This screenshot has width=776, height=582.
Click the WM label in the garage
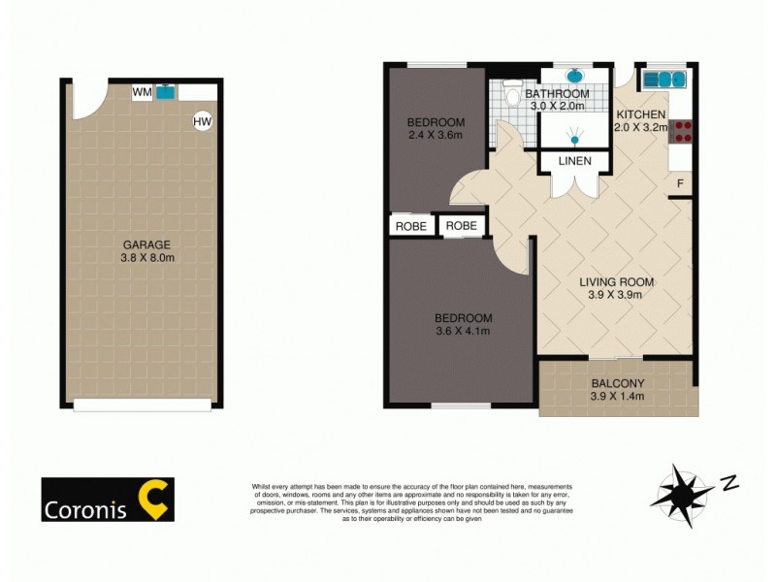tap(142, 92)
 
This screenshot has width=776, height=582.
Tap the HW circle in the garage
tap(202, 121)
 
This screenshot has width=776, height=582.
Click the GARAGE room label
tap(146, 244)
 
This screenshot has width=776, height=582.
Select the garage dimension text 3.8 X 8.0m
tap(146, 258)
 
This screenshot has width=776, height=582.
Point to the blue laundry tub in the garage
tap(166, 92)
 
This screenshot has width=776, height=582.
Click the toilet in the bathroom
tap(510, 95)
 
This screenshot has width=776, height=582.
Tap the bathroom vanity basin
tap(573, 76)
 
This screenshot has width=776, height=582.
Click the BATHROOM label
tap(558, 94)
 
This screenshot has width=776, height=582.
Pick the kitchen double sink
tap(665, 77)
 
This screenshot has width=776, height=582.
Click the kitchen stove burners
tap(681, 130)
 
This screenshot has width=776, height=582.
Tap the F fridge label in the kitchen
tap(681, 183)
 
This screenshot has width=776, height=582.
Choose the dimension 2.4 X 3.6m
tap(436, 136)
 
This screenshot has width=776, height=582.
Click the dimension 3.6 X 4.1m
tap(463, 332)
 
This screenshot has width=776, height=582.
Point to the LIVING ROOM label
tap(617, 282)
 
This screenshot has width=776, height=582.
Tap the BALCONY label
tap(618, 383)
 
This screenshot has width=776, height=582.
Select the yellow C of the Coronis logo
tap(154, 499)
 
